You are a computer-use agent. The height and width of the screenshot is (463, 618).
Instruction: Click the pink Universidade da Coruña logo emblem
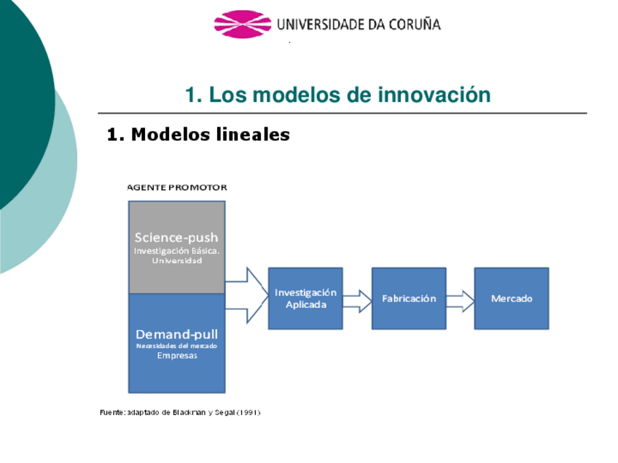tap(242, 24)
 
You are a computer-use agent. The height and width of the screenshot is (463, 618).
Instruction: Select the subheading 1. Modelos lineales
tap(198, 135)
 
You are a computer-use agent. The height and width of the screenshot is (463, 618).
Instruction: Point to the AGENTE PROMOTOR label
tap(177, 187)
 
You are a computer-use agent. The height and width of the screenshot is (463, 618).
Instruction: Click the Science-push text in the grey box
tap(176, 237)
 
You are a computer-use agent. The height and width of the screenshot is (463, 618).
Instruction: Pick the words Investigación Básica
tap(176, 250)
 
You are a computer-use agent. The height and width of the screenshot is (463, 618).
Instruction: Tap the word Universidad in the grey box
tap(176, 261)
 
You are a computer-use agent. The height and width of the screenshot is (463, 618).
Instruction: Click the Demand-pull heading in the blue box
tap(176, 334)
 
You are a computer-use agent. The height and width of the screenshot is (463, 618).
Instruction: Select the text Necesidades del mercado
tap(176, 346)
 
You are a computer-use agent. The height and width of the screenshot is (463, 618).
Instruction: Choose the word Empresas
tap(176, 356)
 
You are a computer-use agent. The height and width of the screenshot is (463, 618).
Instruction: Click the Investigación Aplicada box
tap(305, 298)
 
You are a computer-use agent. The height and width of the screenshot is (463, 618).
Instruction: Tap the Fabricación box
tap(409, 298)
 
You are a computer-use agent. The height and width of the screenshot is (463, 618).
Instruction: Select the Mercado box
tap(512, 298)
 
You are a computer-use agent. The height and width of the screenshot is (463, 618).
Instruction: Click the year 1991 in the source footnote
tap(248, 413)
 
